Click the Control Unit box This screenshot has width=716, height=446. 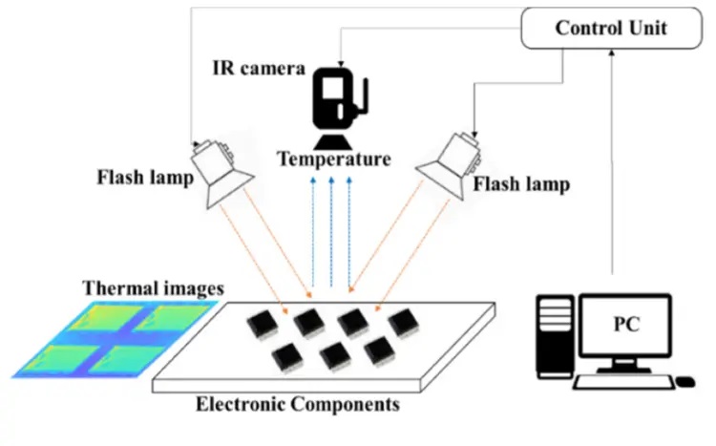[x=611, y=28]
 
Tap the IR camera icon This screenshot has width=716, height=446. [x=340, y=108]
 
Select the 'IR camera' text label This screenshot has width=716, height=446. [x=259, y=69]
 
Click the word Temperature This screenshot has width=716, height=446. [x=334, y=159]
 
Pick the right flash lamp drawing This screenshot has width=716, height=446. [x=449, y=165]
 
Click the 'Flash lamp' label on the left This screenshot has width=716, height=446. [x=145, y=178]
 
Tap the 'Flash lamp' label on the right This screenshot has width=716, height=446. [x=521, y=184]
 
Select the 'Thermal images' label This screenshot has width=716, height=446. [x=154, y=288]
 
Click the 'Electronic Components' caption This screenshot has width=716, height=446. [x=298, y=404]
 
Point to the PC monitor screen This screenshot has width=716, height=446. [x=625, y=325]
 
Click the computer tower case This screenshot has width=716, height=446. [x=556, y=336]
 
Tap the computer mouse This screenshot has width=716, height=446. [x=684, y=381]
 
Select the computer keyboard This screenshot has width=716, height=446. [x=624, y=382]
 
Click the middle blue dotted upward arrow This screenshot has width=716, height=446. [x=331, y=232]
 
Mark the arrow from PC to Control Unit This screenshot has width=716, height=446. [x=612, y=161]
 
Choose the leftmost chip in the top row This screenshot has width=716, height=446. [x=263, y=325]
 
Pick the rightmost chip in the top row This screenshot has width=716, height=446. [x=404, y=323]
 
